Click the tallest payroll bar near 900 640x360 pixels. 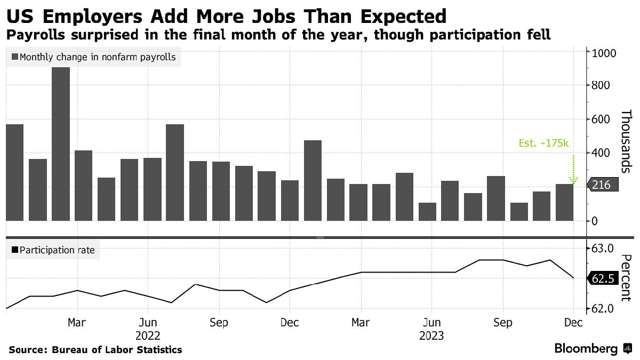tap(61, 144)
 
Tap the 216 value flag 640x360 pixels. tap(603, 185)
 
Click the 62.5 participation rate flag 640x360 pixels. tap(603, 278)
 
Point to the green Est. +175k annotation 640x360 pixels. tap(543, 143)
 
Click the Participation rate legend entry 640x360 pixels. tap(53, 250)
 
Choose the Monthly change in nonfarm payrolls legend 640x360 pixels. tap(93, 57)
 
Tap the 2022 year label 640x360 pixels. tap(148, 336)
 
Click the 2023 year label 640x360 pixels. tap(431, 336)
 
